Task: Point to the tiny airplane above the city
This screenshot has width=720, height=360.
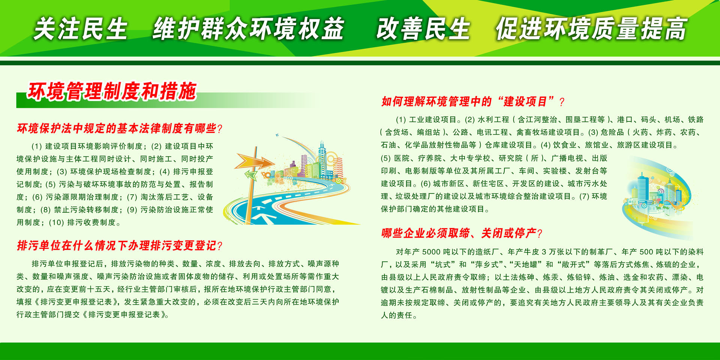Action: [x=277, y=135]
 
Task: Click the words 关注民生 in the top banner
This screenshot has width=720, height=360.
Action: [x=81, y=29]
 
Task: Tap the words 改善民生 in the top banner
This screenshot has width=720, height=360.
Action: [x=423, y=29]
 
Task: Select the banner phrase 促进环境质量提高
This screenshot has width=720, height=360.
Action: [x=591, y=29]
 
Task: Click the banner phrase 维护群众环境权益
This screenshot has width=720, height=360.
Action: [x=248, y=29]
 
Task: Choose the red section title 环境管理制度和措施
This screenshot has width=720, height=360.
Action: [x=112, y=91]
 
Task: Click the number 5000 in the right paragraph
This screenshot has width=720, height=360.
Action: [x=432, y=252]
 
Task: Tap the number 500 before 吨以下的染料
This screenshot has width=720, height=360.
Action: [x=646, y=252]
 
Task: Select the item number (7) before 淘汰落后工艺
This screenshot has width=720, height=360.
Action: [x=132, y=197]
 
